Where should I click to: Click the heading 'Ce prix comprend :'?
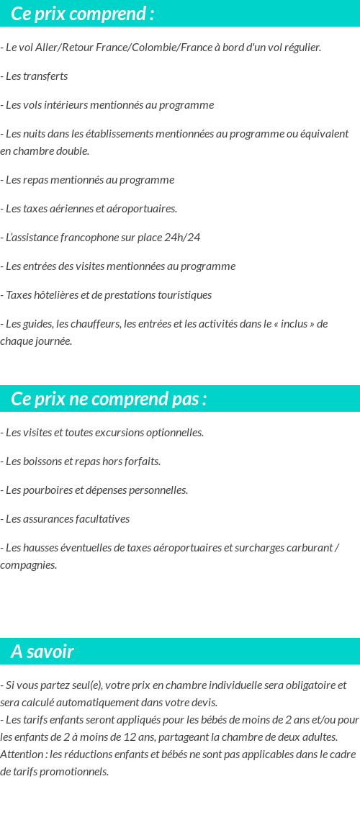point(82,14)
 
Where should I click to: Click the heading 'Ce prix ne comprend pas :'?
point(109,399)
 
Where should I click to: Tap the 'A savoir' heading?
point(42,652)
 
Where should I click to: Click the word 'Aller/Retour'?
point(63,48)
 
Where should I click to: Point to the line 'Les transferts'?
point(36,76)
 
